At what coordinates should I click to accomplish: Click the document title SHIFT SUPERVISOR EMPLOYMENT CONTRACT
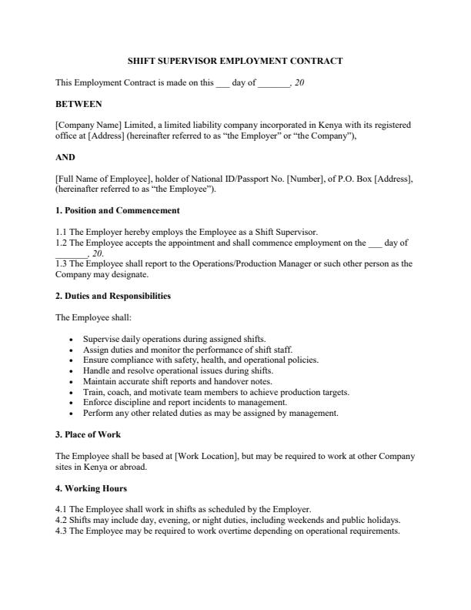click(235, 61)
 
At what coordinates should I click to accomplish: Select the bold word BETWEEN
click(78, 103)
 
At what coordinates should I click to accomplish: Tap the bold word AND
click(65, 157)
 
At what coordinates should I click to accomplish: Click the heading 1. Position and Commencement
click(117, 210)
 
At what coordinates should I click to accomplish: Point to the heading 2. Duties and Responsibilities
click(113, 296)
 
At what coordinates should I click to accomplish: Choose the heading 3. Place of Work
click(88, 434)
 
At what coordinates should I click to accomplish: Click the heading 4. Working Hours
click(91, 488)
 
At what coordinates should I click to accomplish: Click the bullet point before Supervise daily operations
click(72, 339)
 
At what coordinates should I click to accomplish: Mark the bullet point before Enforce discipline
click(72, 403)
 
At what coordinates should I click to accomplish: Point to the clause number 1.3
click(62, 263)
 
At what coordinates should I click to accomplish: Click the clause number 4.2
click(62, 521)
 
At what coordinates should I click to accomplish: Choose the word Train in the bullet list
click(92, 392)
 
